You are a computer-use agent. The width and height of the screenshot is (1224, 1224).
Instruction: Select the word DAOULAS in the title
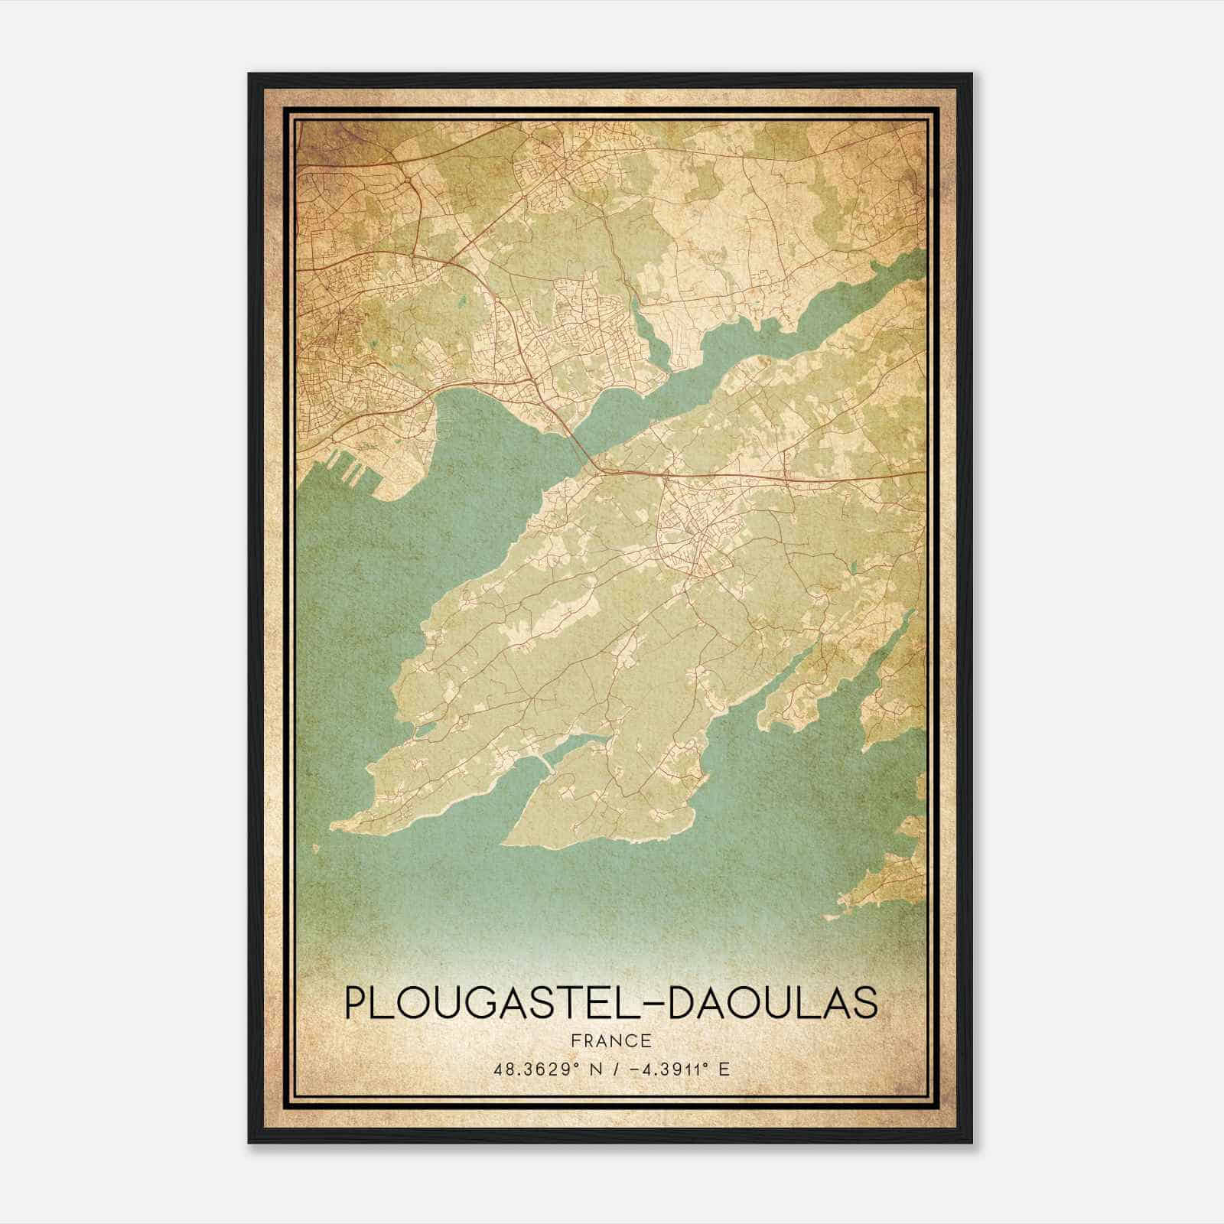pyautogui.click(x=773, y=1003)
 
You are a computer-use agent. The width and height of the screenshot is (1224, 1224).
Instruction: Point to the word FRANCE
pyautogui.click(x=611, y=1041)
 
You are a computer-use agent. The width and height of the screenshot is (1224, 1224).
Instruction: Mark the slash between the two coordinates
pyautogui.click(x=610, y=1069)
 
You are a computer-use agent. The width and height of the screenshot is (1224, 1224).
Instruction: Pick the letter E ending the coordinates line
pyautogui.click(x=724, y=1069)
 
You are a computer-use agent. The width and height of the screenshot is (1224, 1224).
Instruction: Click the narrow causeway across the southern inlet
pyautogui.click(x=545, y=766)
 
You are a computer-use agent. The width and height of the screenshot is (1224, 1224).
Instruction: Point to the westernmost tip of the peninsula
pyautogui.click(x=334, y=827)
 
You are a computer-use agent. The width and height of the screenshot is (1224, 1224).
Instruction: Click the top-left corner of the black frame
pyautogui.click(x=249, y=75)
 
